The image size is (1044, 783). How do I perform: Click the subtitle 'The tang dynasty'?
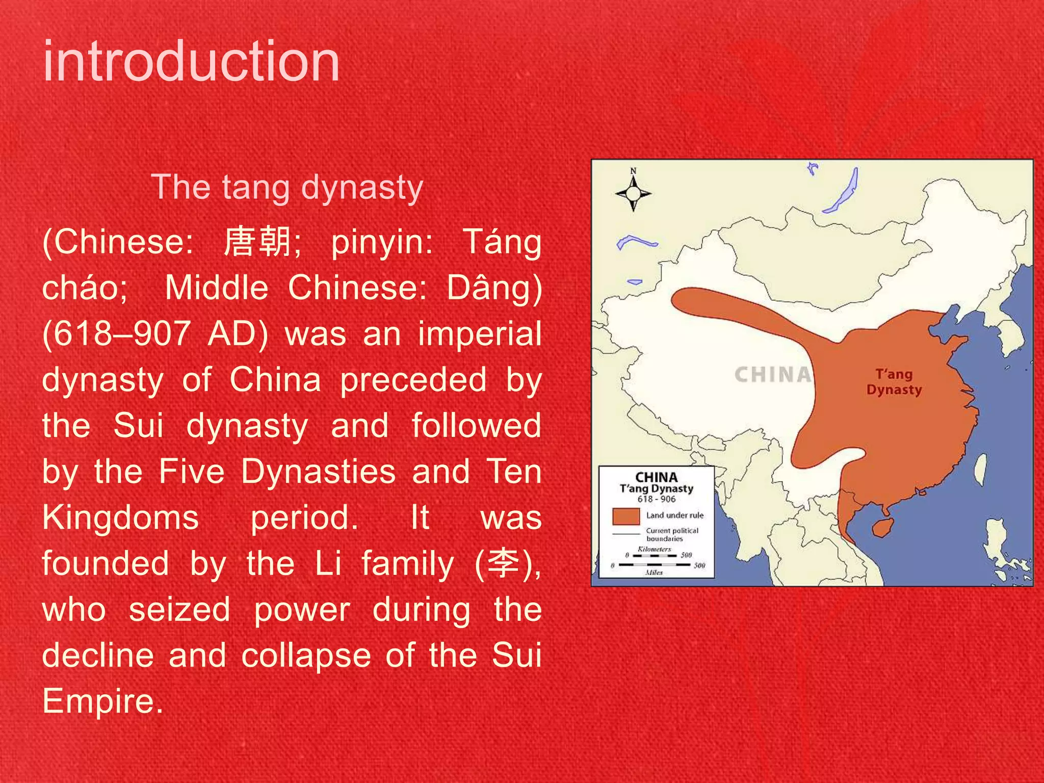point(287,187)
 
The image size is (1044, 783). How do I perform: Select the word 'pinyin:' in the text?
point(382,242)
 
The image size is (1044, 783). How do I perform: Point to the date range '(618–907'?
point(116,334)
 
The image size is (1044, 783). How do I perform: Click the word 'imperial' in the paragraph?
point(479,334)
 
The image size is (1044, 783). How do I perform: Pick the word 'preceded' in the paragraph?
point(413,380)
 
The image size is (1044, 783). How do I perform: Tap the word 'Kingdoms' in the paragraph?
point(120,517)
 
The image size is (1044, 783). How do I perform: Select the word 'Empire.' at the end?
point(102,701)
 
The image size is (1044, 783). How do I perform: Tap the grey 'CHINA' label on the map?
point(773,375)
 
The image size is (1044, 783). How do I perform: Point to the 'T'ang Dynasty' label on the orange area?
point(894,382)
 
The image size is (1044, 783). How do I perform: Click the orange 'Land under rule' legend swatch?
point(626,516)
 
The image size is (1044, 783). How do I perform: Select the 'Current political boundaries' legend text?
point(672,534)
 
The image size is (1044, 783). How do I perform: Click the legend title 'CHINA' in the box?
point(656,477)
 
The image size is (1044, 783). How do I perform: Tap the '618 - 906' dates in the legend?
point(656,499)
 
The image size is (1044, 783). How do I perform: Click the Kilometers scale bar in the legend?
point(655,555)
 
